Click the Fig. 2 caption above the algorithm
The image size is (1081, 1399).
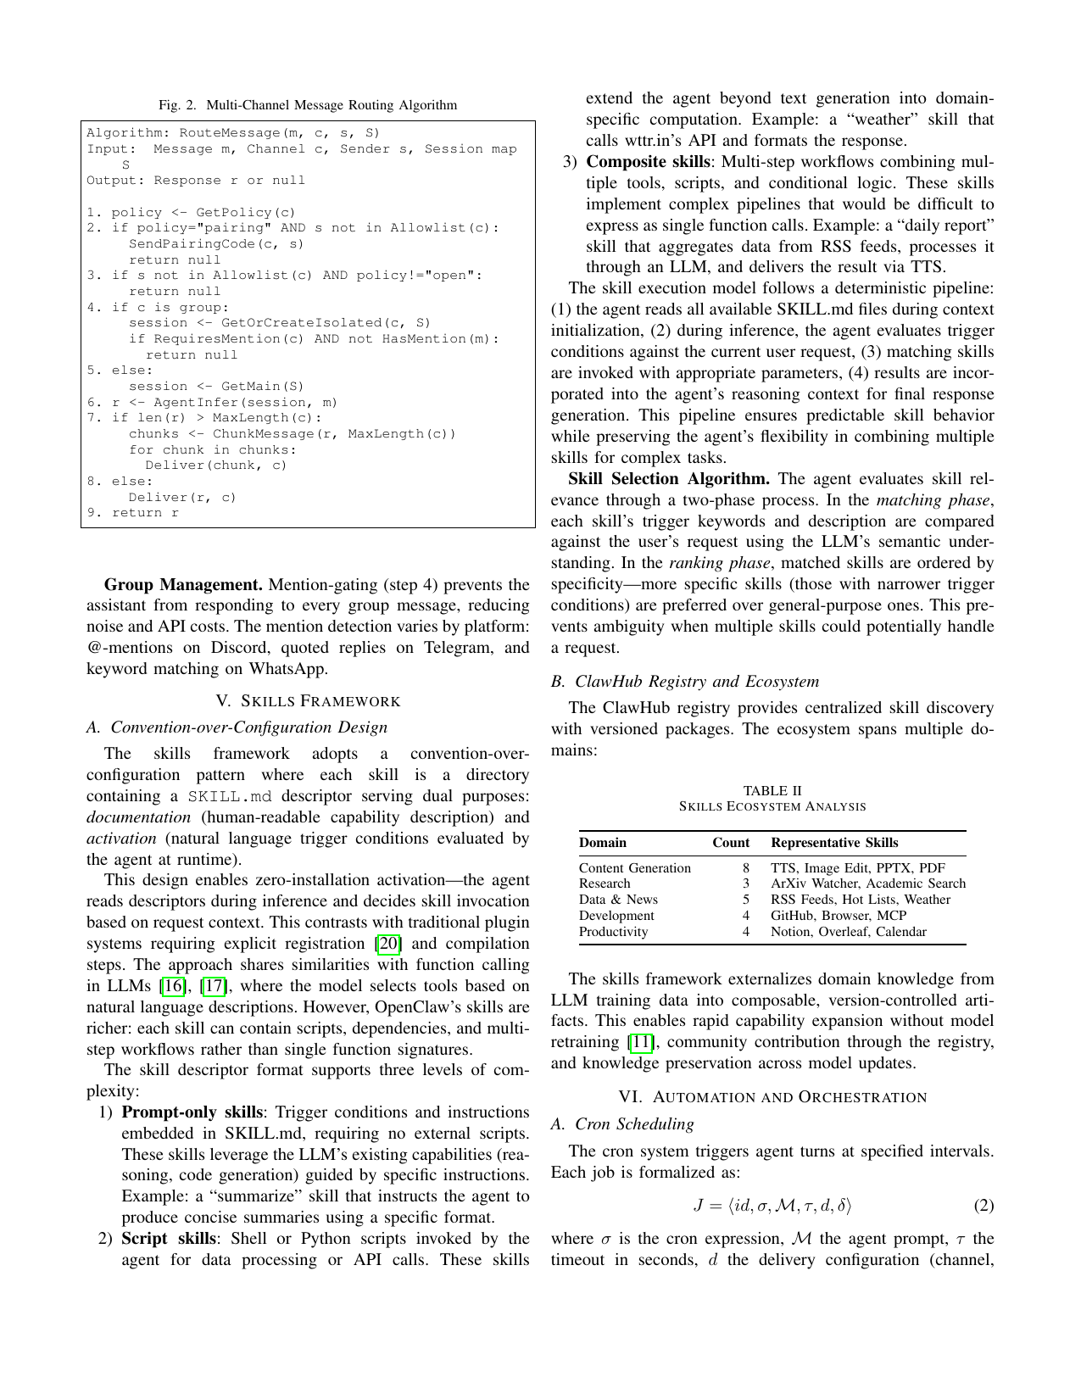click(308, 105)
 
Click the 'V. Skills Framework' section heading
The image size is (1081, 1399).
click(308, 701)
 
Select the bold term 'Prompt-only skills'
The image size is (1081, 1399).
click(194, 1112)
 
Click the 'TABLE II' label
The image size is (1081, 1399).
click(772, 790)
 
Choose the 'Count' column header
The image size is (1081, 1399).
click(730, 843)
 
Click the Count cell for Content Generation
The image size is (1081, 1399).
click(745, 868)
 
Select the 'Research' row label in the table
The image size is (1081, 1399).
click(605, 883)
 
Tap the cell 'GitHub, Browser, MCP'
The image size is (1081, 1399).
click(838, 916)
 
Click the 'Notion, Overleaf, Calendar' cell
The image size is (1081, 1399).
click(848, 932)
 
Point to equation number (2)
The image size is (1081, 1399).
click(983, 1206)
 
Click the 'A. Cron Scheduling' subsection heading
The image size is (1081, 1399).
click(622, 1124)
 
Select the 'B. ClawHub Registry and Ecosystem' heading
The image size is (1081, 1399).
click(685, 682)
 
